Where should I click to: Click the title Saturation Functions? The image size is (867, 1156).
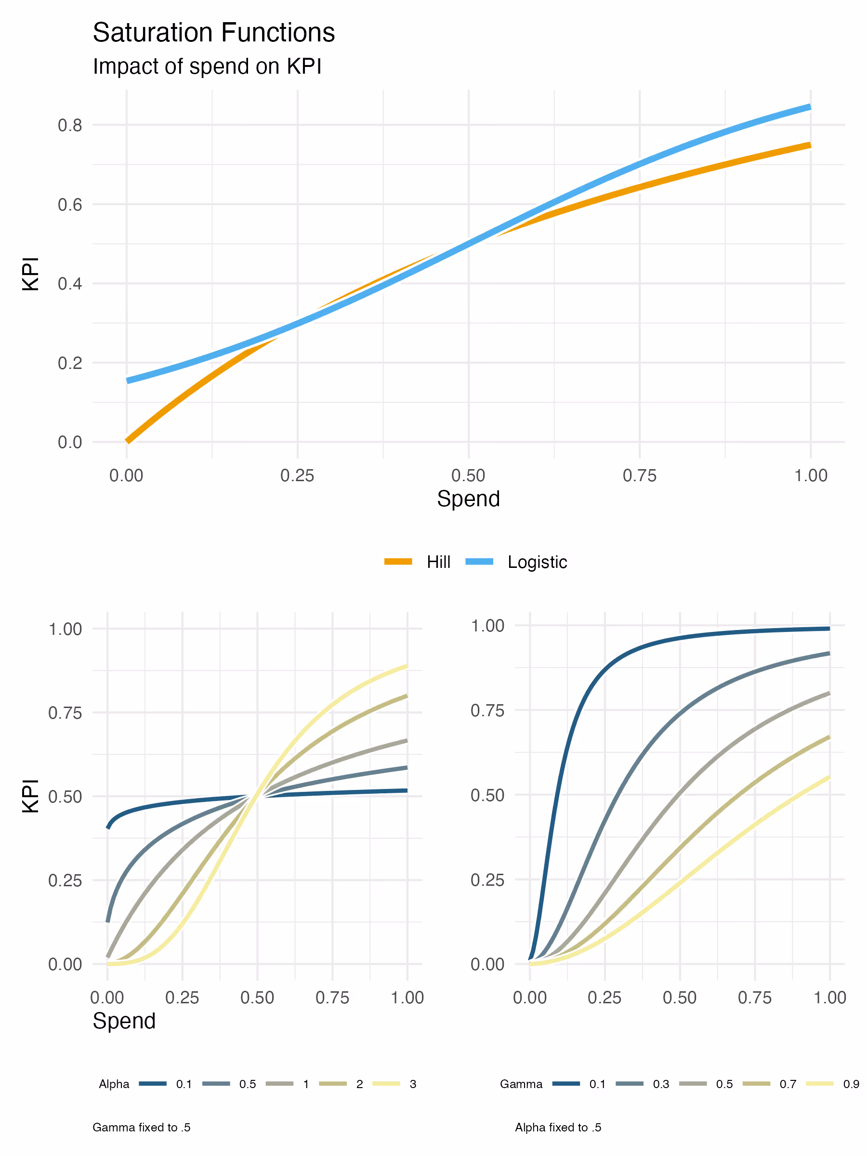[x=213, y=32]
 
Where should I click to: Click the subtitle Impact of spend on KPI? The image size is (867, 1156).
[x=207, y=66]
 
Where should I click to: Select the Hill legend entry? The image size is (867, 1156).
[x=417, y=562]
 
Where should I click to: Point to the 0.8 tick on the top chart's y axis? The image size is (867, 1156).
[x=70, y=125]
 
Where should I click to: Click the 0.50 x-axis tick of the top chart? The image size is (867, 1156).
[x=468, y=475]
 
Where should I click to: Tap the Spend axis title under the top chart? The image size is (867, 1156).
[x=468, y=499]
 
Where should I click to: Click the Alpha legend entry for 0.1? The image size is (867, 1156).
[x=165, y=1084]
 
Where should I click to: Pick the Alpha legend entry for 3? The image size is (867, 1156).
[x=394, y=1084]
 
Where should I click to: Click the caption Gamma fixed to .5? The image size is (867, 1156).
[x=141, y=1127]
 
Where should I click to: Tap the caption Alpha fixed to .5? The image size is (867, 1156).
[x=558, y=1127]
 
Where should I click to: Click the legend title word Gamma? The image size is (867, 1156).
[x=521, y=1084]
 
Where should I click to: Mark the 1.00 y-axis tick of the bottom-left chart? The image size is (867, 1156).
[x=66, y=629]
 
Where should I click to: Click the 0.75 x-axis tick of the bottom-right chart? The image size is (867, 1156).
[x=755, y=998]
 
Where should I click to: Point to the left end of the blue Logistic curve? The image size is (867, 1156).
[x=127, y=381]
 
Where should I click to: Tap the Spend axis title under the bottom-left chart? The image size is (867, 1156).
[x=124, y=1021]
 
